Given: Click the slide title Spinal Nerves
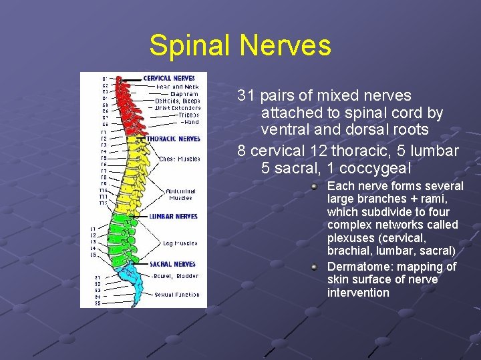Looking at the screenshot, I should [240, 46].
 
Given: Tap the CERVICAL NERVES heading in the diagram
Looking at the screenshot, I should [168, 78].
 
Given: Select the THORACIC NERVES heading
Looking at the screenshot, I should [173, 139].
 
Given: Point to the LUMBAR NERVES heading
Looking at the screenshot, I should [173, 217].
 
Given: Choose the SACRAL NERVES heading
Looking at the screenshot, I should [172, 264].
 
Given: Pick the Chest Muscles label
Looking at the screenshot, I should [179, 159].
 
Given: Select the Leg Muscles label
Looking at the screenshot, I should [180, 243].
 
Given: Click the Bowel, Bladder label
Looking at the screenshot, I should [175, 276].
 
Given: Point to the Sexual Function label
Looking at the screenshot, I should [176, 295].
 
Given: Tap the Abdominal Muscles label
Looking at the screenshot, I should [180, 194].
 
